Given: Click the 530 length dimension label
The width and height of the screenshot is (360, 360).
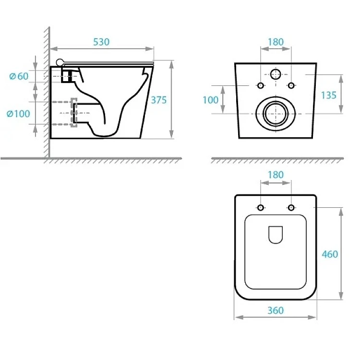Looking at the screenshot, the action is tap(101, 42).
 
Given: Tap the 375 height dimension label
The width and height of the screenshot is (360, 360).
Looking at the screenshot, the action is tap(159, 100).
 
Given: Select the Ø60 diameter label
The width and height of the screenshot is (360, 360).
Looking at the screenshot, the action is tap(19, 76).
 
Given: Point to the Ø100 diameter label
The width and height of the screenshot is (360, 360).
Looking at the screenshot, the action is tap(18, 114).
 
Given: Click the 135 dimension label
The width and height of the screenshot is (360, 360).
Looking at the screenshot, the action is tap(328, 96).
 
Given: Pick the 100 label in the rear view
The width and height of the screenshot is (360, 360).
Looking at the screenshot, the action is tap(210, 100).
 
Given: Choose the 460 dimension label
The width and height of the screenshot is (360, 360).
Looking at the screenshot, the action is tap(330, 254).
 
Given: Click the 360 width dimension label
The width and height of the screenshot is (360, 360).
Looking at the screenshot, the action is tap(276, 311).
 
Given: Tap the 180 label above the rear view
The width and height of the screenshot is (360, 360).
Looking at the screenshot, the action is tap(276, 42).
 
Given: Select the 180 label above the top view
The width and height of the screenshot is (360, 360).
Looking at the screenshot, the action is tap(276, 175).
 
